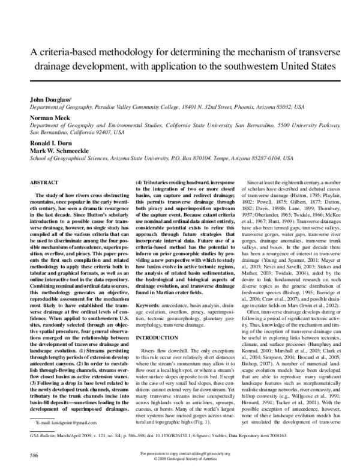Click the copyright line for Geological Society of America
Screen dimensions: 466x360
(x=180, y=459)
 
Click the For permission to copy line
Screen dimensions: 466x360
(x=180, y=453)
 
